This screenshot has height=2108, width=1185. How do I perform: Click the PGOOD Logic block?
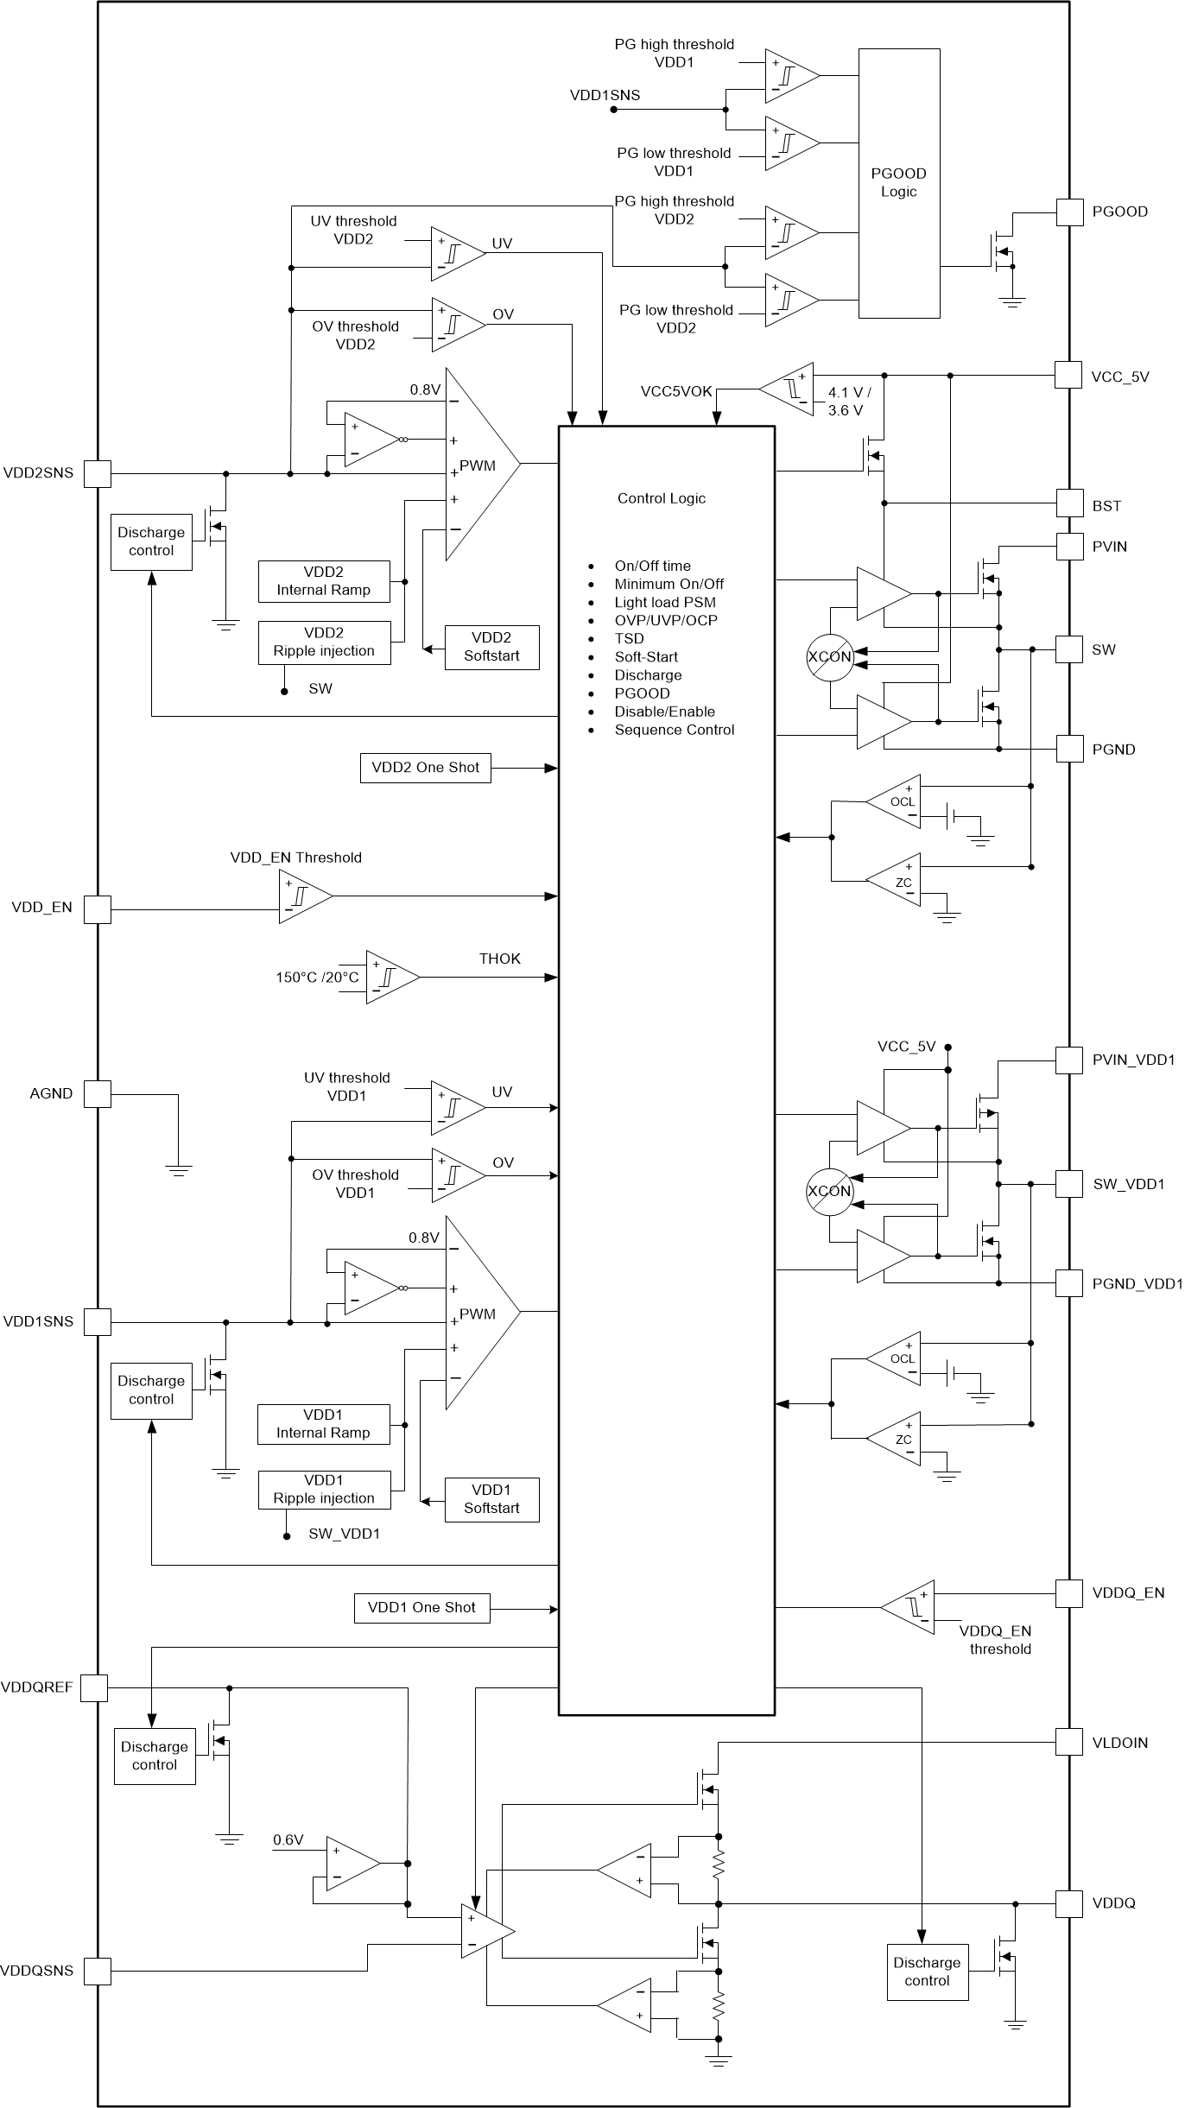point(898,183)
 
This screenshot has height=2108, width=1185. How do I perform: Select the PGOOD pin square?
point(1069,212)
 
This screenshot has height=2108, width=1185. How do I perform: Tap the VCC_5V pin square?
point(1069,376)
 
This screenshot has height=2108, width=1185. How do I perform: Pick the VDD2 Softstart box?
point(491,647)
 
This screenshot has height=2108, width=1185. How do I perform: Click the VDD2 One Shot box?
point(425,767)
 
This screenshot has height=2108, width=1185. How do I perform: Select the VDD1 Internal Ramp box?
point(323,1424)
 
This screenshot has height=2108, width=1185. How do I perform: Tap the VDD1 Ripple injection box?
point(324,1490)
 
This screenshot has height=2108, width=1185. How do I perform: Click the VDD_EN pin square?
point(98,908)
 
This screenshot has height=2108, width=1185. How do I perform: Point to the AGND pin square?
point(98,1094)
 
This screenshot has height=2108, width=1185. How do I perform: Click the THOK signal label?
point(499,959)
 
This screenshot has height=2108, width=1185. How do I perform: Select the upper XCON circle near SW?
point(829,657)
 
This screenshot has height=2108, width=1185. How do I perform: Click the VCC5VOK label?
point(676,391)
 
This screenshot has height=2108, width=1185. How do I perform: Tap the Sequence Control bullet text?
point(674,730)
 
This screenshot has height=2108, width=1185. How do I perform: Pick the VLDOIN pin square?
point(1069,1742)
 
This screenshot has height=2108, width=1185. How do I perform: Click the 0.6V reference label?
point(288,1840)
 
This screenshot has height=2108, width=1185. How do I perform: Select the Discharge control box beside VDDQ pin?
point(927,1972)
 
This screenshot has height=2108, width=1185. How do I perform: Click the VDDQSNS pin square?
point(98,1972)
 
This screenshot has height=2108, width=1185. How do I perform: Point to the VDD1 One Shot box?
point(421,1608)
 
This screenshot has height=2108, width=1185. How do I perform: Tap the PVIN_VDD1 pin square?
point(1069,1060)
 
